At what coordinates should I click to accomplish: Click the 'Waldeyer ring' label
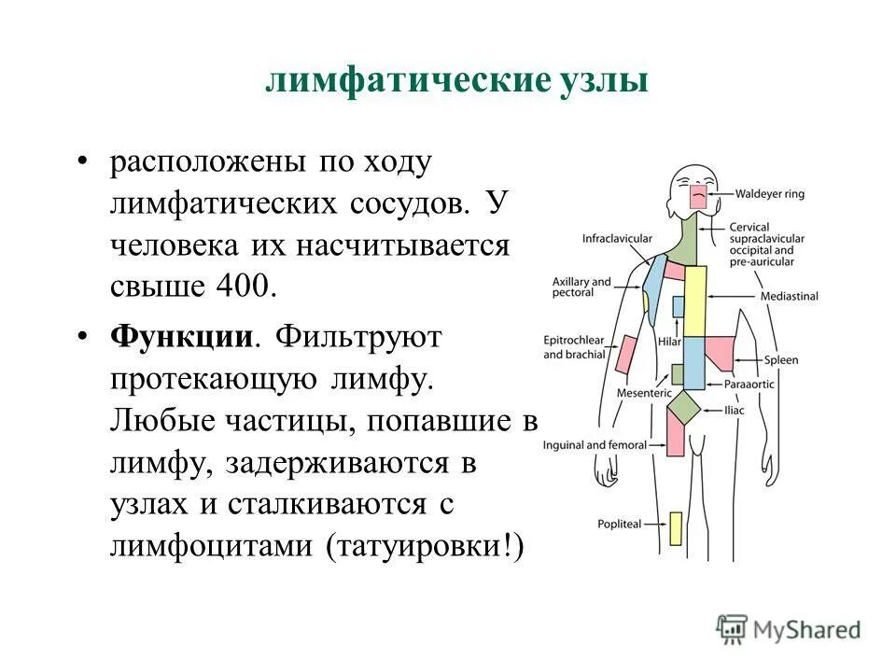(769, 195)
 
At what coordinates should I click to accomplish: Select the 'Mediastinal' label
(789, 296)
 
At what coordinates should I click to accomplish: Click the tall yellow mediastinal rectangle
(695, 301)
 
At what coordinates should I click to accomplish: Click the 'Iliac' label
(735, 410)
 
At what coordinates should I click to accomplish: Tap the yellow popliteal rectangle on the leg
(675, 528)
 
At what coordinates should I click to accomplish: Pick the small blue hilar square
(678, 306)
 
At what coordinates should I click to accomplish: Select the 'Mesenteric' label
(644, 393)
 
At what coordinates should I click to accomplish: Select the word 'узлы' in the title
(603, 79)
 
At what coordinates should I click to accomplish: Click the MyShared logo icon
(733, 628)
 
